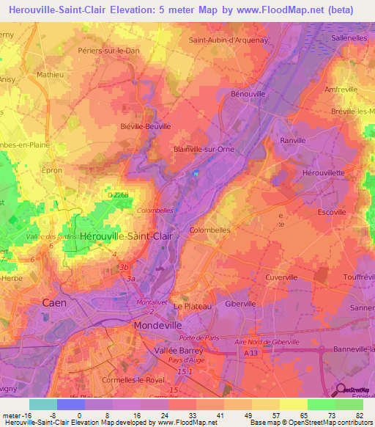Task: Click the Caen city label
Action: pos(54,302)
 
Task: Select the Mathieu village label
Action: pos(50,75)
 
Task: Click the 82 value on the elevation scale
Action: pos(358,415)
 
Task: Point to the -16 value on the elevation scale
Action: pos(21,415)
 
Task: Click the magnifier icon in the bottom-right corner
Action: pos(339,393)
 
